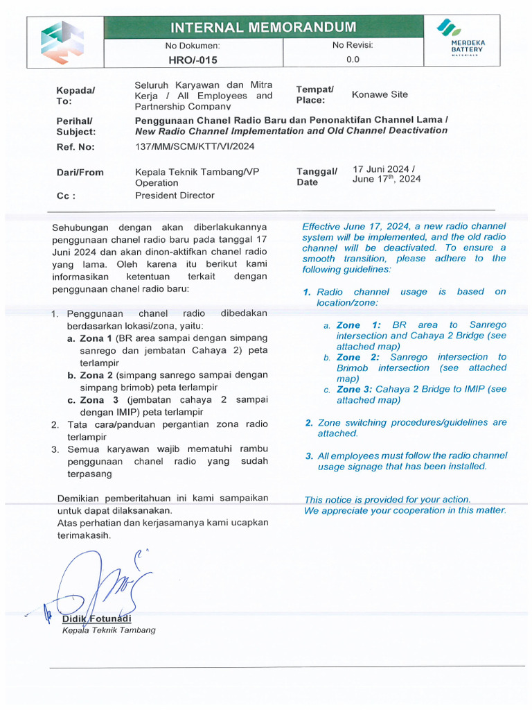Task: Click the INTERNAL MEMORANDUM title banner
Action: pos(263,28)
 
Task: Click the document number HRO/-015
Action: pos(193,60)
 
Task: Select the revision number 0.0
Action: pos(353,60)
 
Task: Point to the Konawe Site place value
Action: pos(380,94)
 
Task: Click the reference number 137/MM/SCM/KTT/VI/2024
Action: pos(195,146)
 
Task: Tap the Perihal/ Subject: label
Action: pos(76,125)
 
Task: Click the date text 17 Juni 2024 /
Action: pos(384,168)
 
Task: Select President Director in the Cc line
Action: pos(175,196)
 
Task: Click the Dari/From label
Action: pos(80,172)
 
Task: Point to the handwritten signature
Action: pos(97,586)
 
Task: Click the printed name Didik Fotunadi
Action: pos(96,618)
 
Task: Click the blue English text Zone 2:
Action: pos(357,357)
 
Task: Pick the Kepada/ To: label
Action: pos(76,95)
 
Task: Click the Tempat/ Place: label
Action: pos(314,94)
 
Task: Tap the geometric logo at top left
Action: pos(62,42)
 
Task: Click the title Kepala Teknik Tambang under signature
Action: pos(109,630)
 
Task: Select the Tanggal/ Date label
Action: pos(317,177)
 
